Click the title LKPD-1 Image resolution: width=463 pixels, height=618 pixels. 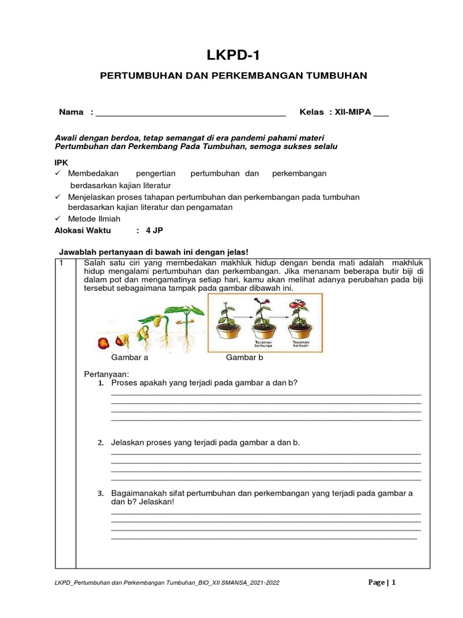pyautogui.click(x=232, y=57)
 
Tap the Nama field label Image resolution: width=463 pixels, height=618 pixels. pyautogui.click(x=71, y=113)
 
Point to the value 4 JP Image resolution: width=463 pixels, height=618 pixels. pyautogui.click(x=154, y=231)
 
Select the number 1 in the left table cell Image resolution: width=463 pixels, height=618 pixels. pyautogui.click(x=61, y=263)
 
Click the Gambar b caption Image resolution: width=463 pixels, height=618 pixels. pyautogui.click(x=245, y=357)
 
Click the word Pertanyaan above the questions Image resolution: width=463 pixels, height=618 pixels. pyautogui.click(x=106, y=374)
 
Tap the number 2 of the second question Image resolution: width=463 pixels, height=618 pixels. pyautogui.click(x=101, y=443)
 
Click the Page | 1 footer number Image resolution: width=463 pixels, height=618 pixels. pyautogui.click(x=382, y=582)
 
